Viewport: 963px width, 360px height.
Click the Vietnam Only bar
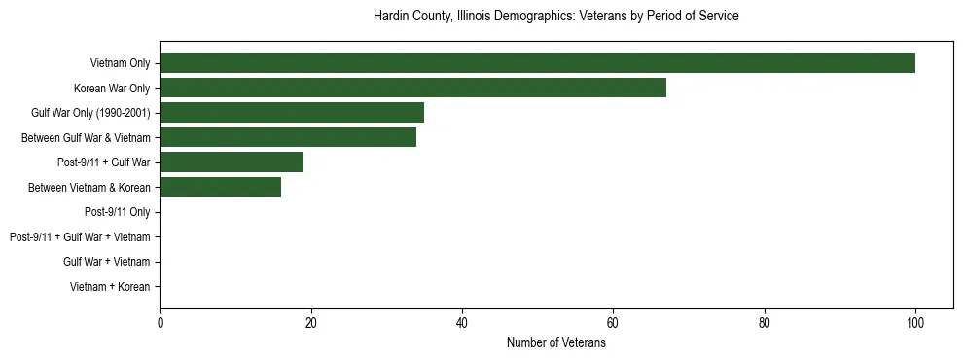pos(537,63)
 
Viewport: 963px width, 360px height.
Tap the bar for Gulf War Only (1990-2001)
pos(292,113)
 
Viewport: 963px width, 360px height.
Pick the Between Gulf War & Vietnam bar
pos(288,137)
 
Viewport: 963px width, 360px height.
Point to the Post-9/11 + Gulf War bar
pos(232,162)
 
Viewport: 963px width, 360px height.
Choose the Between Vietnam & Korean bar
pos(220,187)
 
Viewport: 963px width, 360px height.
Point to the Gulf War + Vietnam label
pos(106,262)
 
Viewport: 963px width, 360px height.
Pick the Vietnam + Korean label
pos(110,287)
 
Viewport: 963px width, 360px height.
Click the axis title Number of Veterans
pos(556,342)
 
